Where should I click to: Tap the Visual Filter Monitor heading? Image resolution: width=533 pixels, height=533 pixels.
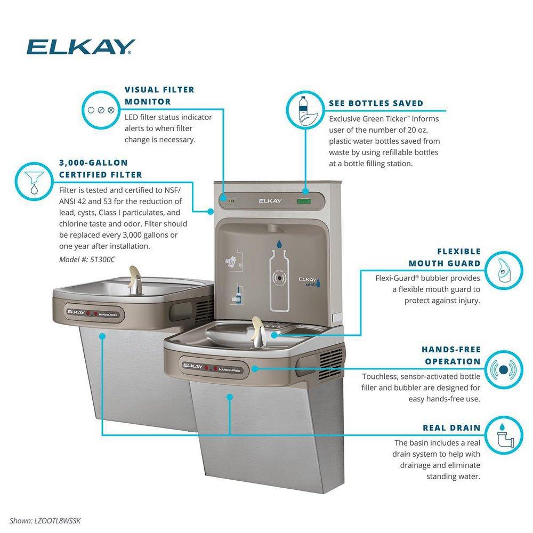[159, 95]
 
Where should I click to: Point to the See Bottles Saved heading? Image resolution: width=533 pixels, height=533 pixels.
[376, 103]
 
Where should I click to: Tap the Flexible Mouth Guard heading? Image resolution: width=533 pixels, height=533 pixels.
[445, 257]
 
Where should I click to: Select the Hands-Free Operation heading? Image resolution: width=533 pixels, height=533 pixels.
[451, 356]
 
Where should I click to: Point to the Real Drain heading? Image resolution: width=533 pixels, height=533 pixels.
[451, 427]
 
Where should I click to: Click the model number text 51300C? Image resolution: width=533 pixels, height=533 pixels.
[87, 259]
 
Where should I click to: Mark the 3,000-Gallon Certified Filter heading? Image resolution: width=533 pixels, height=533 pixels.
[100, 168]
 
